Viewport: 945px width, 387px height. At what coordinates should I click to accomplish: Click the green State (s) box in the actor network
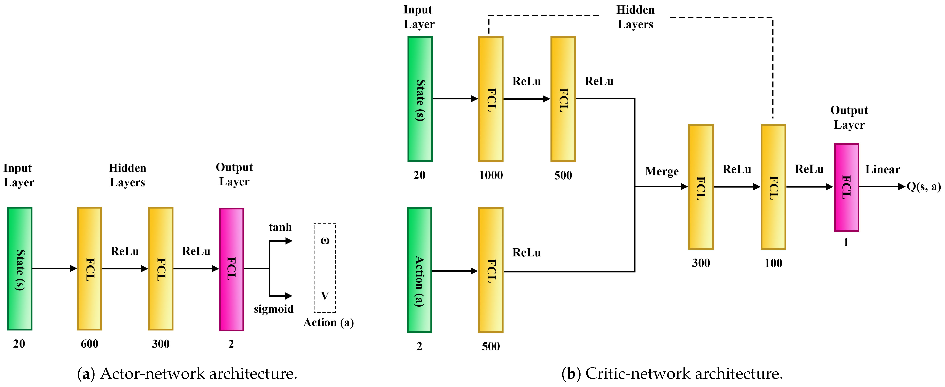[x=20, y=268]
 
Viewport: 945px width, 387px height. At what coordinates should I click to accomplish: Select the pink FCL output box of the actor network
[x=231, y=269]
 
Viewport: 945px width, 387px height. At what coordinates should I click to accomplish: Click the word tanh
[x=280, y=227]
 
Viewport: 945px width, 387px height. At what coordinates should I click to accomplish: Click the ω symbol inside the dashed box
[x=325, y=241]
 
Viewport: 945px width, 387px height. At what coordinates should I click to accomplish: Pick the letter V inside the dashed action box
[x=325, y=296]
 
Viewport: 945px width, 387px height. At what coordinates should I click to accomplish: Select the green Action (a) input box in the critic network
[x=419, y=270]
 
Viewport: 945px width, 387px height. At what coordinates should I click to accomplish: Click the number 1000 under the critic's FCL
[x=491, y=175]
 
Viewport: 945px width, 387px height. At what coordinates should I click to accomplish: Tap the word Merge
[x=662, y=172]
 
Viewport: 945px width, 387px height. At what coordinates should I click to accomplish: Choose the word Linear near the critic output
[x=883, y=170]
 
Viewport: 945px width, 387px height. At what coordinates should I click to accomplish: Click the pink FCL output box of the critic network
[x=846, y=187]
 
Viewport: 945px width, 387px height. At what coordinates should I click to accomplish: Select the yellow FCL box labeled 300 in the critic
[x=701, y=186]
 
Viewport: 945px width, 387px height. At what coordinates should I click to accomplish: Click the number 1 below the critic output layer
[x=846, y=242]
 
